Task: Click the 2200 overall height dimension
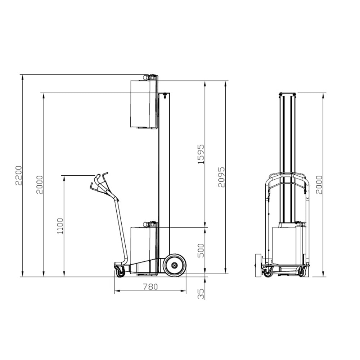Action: pos(18,175)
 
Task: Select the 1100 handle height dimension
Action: pos(60,226)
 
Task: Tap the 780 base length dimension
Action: pos(150,287)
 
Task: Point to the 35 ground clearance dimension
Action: pos(201,294)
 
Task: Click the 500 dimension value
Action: pos(201,250)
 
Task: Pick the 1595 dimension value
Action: pos(201,154)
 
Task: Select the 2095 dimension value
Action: pos(221,177)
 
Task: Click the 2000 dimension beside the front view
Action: pos(319,185)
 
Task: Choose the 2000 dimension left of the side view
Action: pos(39,184)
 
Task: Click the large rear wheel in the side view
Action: pos(175,265)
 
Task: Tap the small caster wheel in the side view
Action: pos(120,273)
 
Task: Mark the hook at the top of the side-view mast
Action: pos(165,95)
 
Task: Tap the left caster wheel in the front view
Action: pos(267,273)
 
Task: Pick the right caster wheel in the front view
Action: pos(302,273)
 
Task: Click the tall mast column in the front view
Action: pos(287,158)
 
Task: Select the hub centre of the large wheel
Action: pos(175,265)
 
